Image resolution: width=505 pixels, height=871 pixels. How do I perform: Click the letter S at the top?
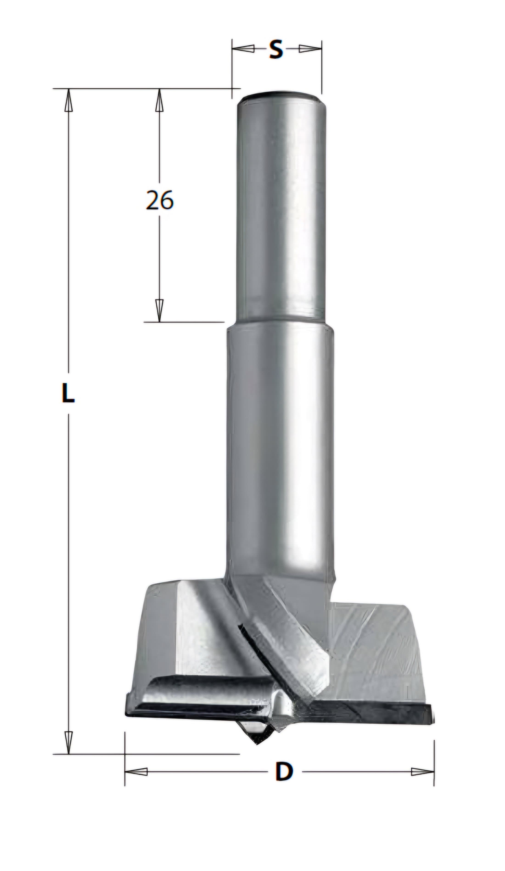pyautogui.click(x=276, y=49)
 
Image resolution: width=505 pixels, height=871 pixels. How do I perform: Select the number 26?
pyautogui.click(x=159, y=200)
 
